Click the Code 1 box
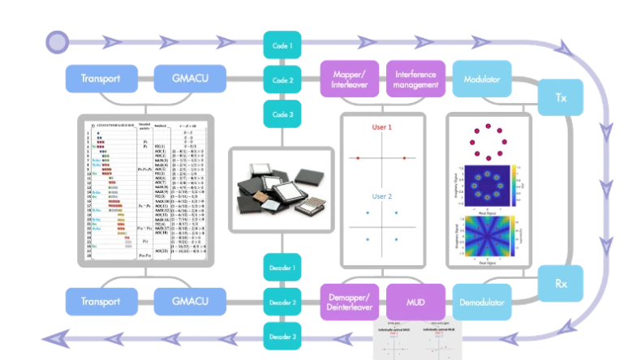pos(282,45)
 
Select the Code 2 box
pos(282,80)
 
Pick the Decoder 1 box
pos(282,268)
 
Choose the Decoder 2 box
pos(282,302)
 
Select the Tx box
pos(561,97)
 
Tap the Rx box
pos(561,285)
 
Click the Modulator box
pos(482,79)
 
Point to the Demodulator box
pos(482,303)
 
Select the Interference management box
pos(415,79)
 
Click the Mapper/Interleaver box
pos(349,79)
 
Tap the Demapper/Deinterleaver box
pos(350,303)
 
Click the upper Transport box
pos(100,79)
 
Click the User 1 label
pos(382,128)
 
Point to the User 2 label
pos(382,197)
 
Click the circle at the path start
pos(57,40)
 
